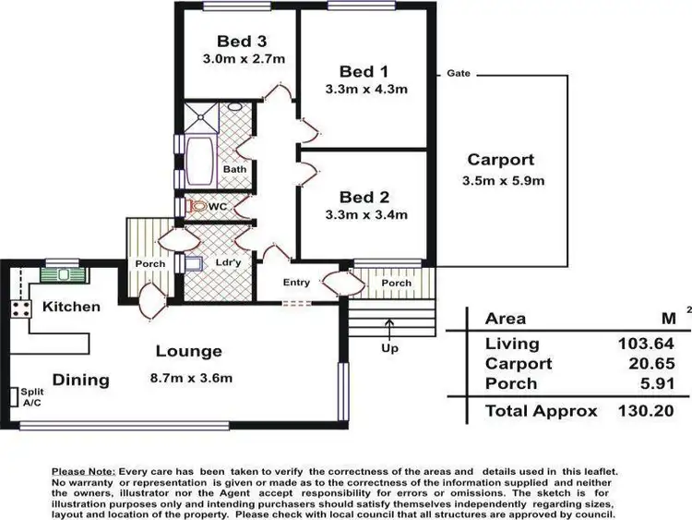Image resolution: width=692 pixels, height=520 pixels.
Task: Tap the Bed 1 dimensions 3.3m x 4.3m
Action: [x=366, y=90]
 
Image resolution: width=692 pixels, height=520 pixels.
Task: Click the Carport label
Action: [x=500, y=160]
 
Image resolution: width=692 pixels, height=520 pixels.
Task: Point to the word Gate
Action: [x=459, y=73]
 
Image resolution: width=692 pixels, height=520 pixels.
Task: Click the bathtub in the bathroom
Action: [x=199, y=162]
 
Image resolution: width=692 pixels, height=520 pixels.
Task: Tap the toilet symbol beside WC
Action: [x=197, y=208]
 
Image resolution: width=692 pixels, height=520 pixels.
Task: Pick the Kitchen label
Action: [x=71, y=306]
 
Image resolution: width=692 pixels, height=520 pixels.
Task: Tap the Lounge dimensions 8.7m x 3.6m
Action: [x=192, y=377]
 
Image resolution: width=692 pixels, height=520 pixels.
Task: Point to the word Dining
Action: [x=80, y=380]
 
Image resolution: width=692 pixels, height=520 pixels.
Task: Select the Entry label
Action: [x=296, y=283]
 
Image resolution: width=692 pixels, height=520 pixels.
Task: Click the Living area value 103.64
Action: [x=640, y=344]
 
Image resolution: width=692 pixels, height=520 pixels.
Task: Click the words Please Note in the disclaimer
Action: [x=79, y=472]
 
